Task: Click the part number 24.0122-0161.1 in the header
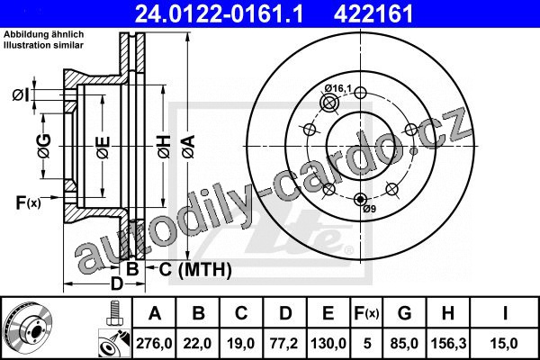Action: tap(219, 13)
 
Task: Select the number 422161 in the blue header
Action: tap(373, 13)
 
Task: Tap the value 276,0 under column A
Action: tap(154, 344)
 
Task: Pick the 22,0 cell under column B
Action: tap(198, 344)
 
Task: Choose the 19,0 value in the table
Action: tap(240, 344)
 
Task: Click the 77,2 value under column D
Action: tap(284, 344)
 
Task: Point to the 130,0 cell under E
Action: tap(328, 344)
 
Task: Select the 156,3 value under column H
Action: tap(448, 344)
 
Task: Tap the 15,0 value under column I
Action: tap(505, 344)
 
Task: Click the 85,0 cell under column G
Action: tap(404, 344)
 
